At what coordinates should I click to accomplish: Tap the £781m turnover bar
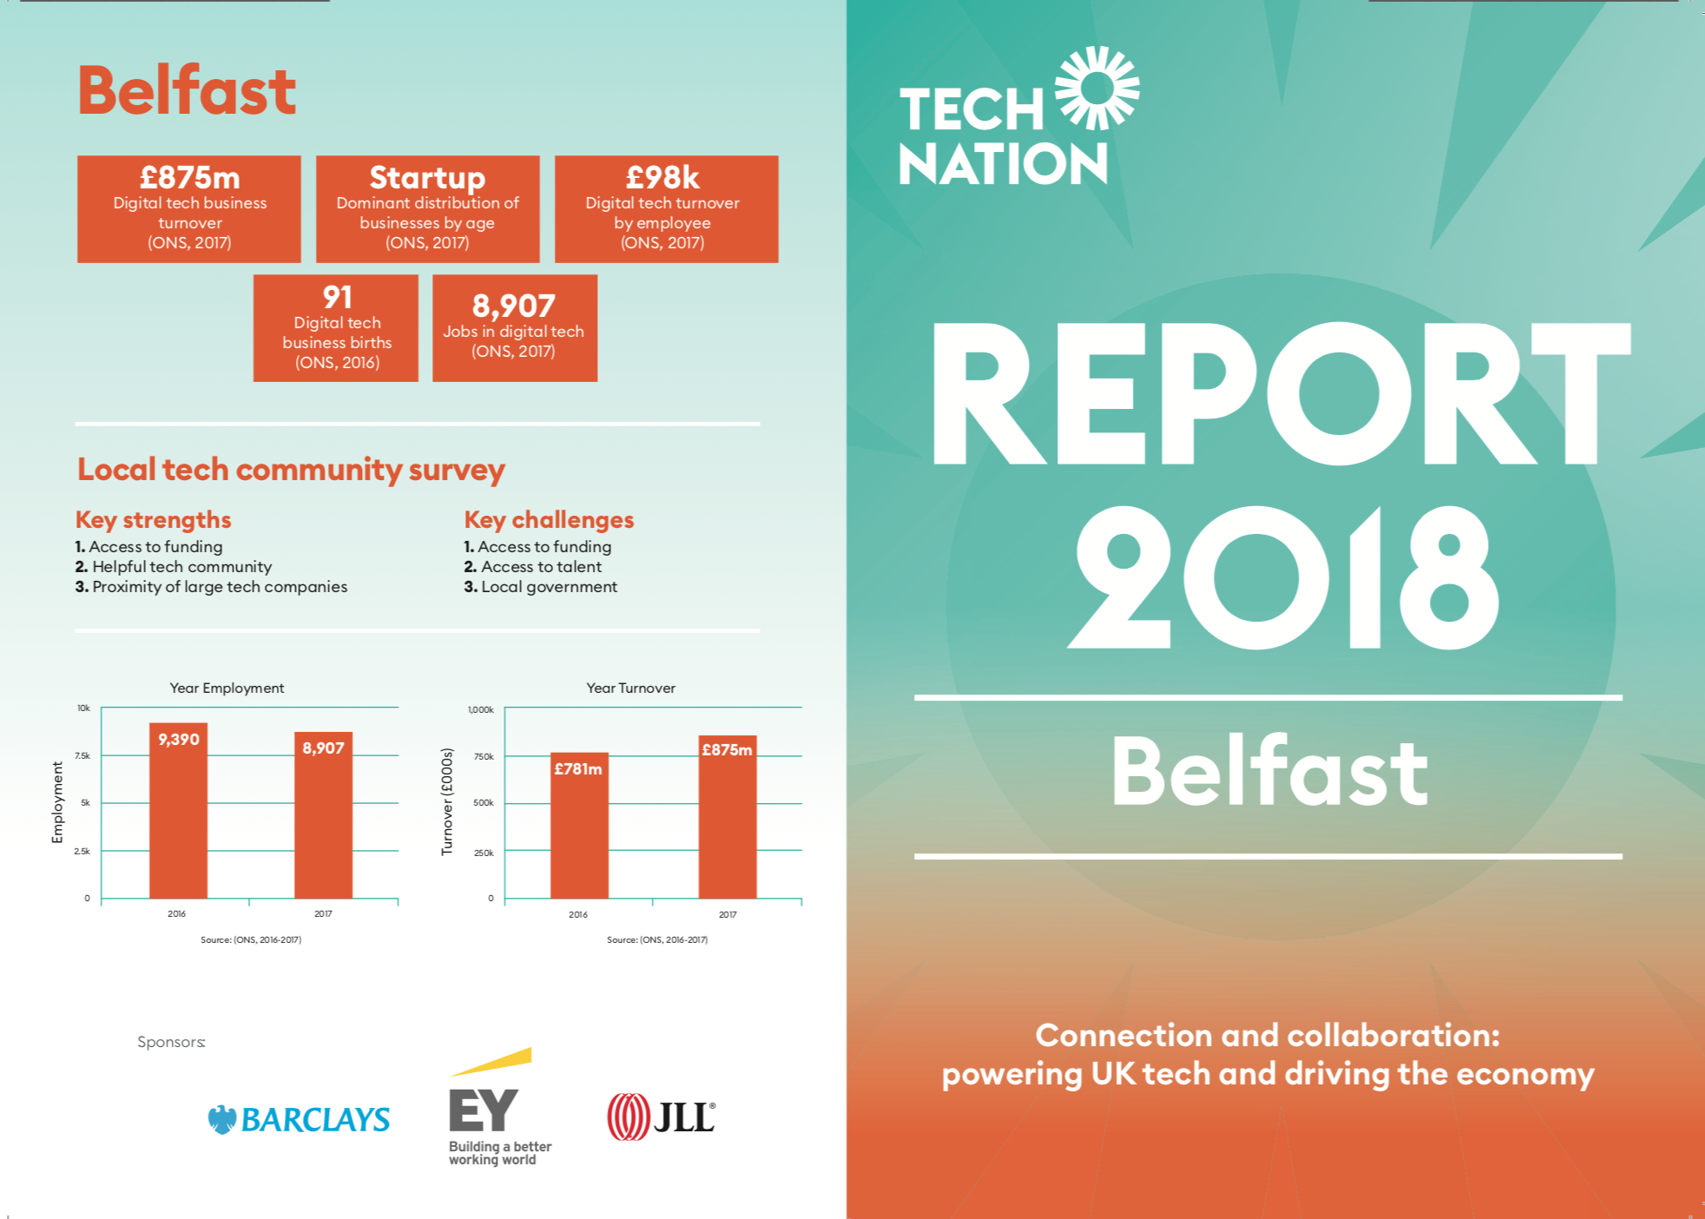tap(579, 825)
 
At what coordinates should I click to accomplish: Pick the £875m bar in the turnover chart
tap(727, 817)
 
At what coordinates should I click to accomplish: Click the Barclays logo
tap(300, 1119)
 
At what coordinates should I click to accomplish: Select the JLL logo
tap(662, 1116)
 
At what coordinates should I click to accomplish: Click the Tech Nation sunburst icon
tap(1097, 88)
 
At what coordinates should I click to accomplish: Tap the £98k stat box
tap(666, 209)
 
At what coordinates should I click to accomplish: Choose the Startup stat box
tap(427, 209)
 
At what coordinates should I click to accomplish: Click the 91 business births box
tap(336, 328)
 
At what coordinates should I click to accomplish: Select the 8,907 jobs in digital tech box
tap(514, 328)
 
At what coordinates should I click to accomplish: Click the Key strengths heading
tap(154, 519)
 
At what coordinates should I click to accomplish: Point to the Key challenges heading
tap(549, 519)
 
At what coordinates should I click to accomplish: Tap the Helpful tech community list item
tap(181, 567)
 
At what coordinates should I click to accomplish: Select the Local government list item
tap(549, 587)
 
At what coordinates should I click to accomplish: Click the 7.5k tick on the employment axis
tap(82, 755)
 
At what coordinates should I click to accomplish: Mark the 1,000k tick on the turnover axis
tap(480, 709)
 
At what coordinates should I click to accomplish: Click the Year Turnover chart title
tap(630, 688)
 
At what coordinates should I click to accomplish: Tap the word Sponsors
tap(171, 1042)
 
